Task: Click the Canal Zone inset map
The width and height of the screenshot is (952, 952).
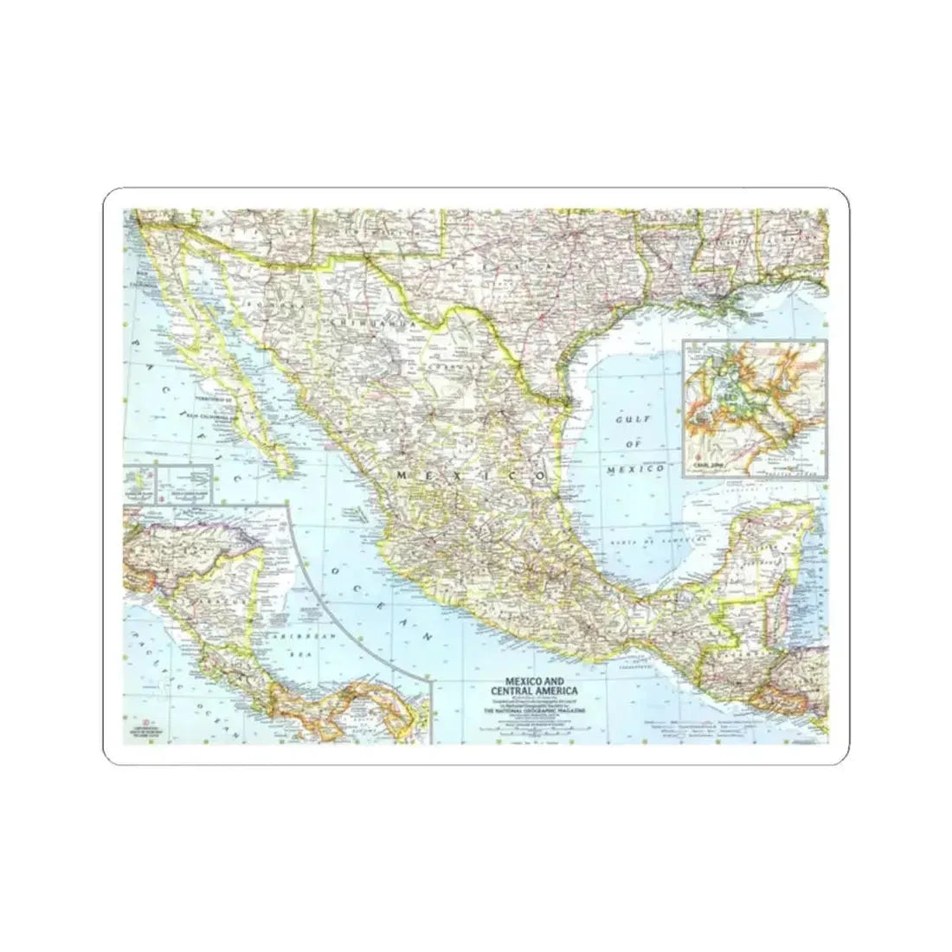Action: tap(754, 407)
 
